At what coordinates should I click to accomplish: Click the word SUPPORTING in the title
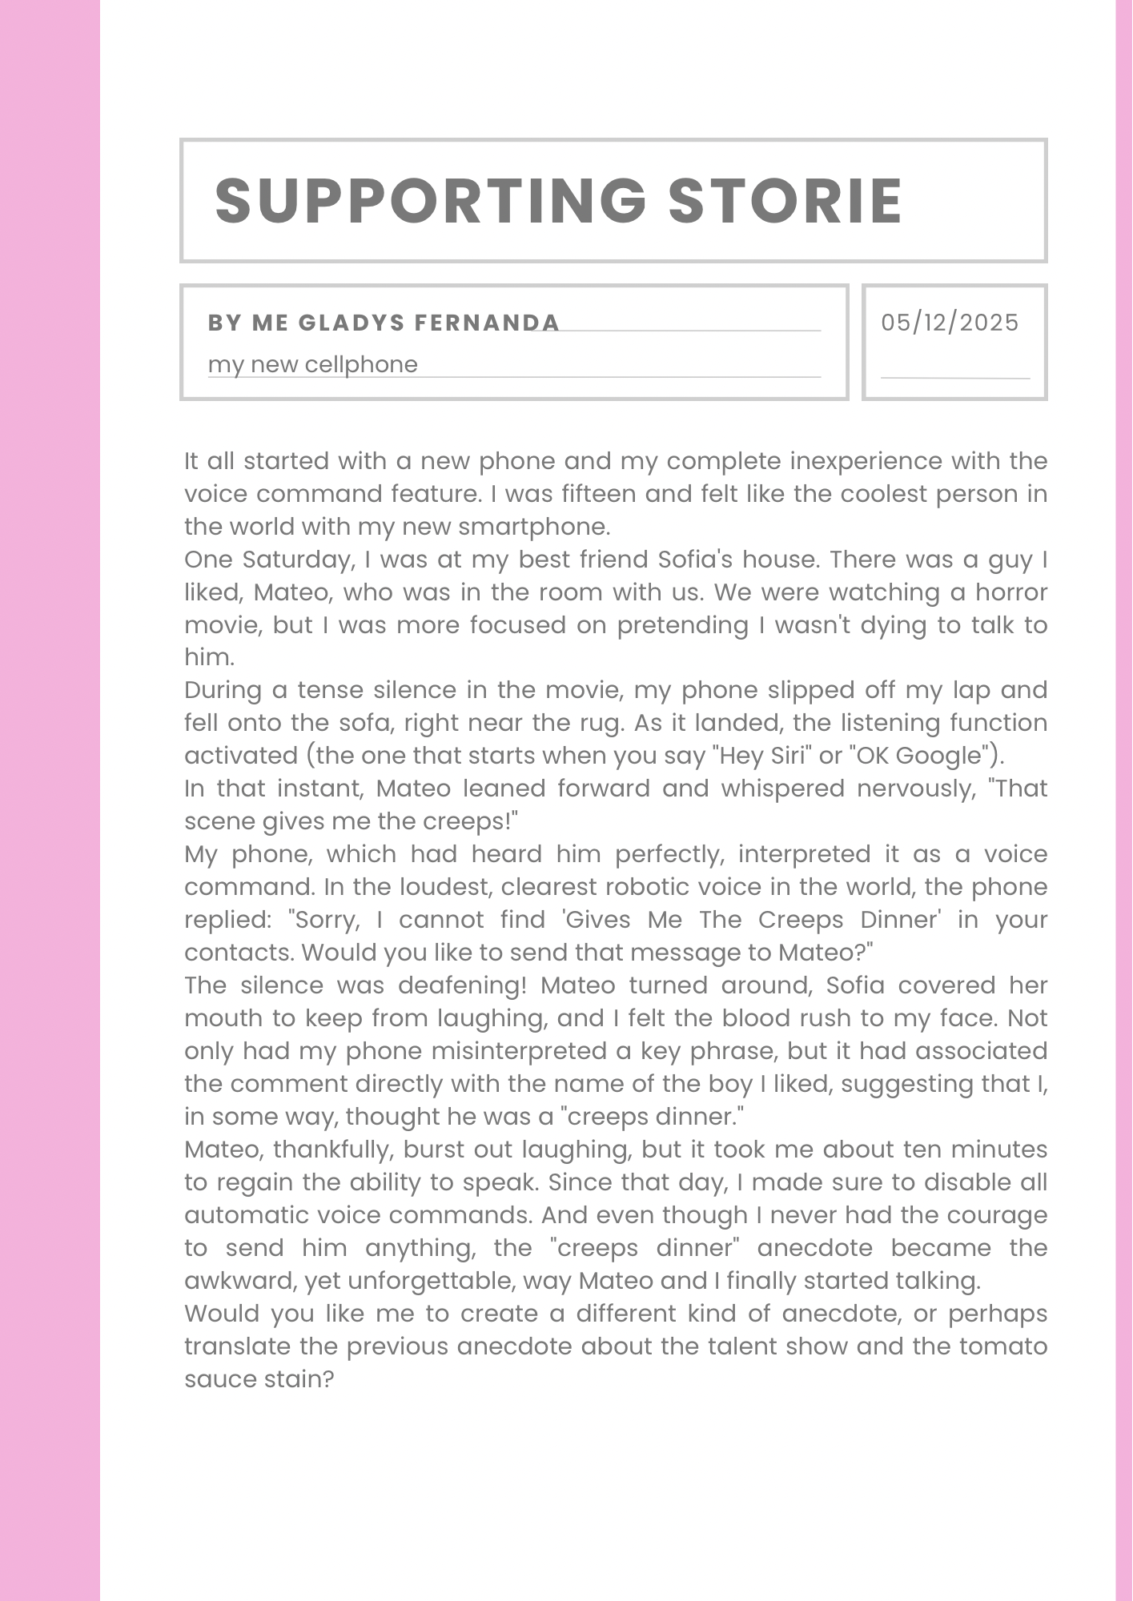click(431, 200)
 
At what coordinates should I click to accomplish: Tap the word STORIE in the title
click(785, 200)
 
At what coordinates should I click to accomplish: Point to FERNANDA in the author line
click(487, 323)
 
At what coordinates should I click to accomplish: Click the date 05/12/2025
click(950, 323)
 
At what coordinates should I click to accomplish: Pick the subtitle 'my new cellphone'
click(313, 365)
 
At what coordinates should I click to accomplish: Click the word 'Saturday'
click(299, 560)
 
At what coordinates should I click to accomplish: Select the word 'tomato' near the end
click(1003, 1346)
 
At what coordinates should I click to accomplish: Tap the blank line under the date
click(954, 377)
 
